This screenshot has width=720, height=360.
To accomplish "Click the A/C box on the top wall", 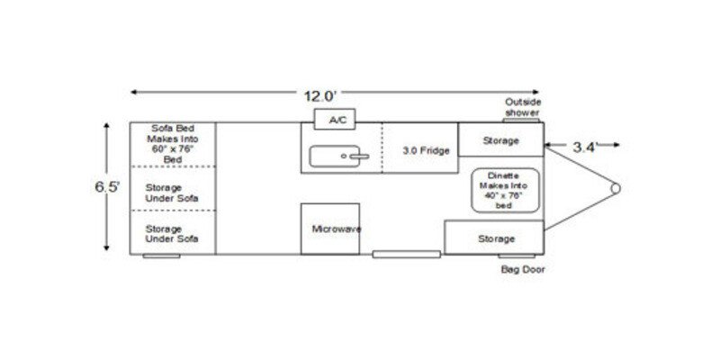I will pos(337,119).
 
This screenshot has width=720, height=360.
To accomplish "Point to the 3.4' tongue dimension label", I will pos(584,148).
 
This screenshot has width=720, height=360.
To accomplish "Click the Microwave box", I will pos(330,229).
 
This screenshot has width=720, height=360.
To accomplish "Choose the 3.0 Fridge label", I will pos(426,150).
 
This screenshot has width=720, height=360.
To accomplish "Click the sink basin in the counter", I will pos(339,157).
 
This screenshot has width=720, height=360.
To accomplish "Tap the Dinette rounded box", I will pos(504,190).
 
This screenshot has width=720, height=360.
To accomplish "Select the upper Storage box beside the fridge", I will pos(500,140).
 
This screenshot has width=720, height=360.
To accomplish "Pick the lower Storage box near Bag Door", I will pos(495,238).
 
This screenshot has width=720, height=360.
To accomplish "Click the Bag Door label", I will pos(522,269).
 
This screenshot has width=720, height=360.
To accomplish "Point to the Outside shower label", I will pos(522,108).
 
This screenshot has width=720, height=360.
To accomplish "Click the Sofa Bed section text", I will pos(173,143).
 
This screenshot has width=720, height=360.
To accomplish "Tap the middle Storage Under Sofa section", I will pos(172,192).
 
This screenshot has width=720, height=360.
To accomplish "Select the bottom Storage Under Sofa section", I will pos(172,233).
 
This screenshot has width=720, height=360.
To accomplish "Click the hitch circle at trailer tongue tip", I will pos(616,187).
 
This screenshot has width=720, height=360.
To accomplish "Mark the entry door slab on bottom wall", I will pos(406,255).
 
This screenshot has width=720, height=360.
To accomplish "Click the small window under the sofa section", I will pos(161,256).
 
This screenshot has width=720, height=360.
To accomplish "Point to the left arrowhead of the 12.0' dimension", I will pos(133,92).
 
